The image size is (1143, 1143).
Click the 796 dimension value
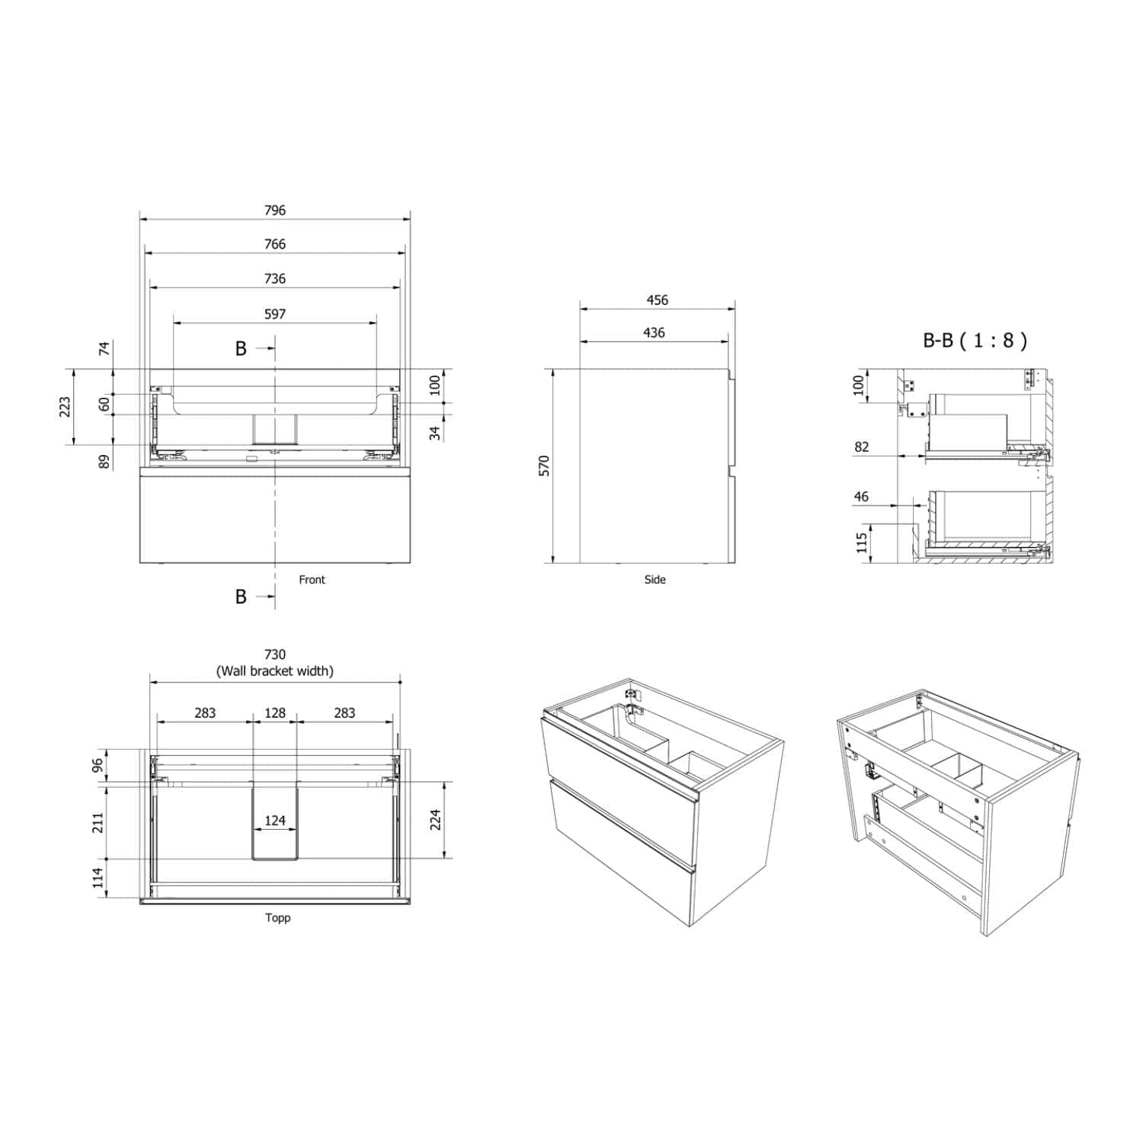pyautogui.click(x=275, y=210)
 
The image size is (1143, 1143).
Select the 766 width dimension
pyautogui.click(x=275, y=245)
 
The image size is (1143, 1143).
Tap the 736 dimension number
pyautogui.click(x=275, y=279)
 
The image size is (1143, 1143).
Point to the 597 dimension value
pyautogui.click(x=275, y=314)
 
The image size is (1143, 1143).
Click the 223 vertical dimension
pyautogui.click(x=66, y=406)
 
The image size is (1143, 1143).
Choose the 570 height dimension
pyautogui.click(x=544, y=466)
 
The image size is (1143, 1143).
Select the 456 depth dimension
pyautogui.click(x=658, y=300)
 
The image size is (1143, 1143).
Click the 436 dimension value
pyautogui.click(x=654, y=333)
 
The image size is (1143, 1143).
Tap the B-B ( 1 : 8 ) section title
pyautogui.click(x=975, y=340)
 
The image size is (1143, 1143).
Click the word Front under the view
pyautogui.click(x=312, y=580)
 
